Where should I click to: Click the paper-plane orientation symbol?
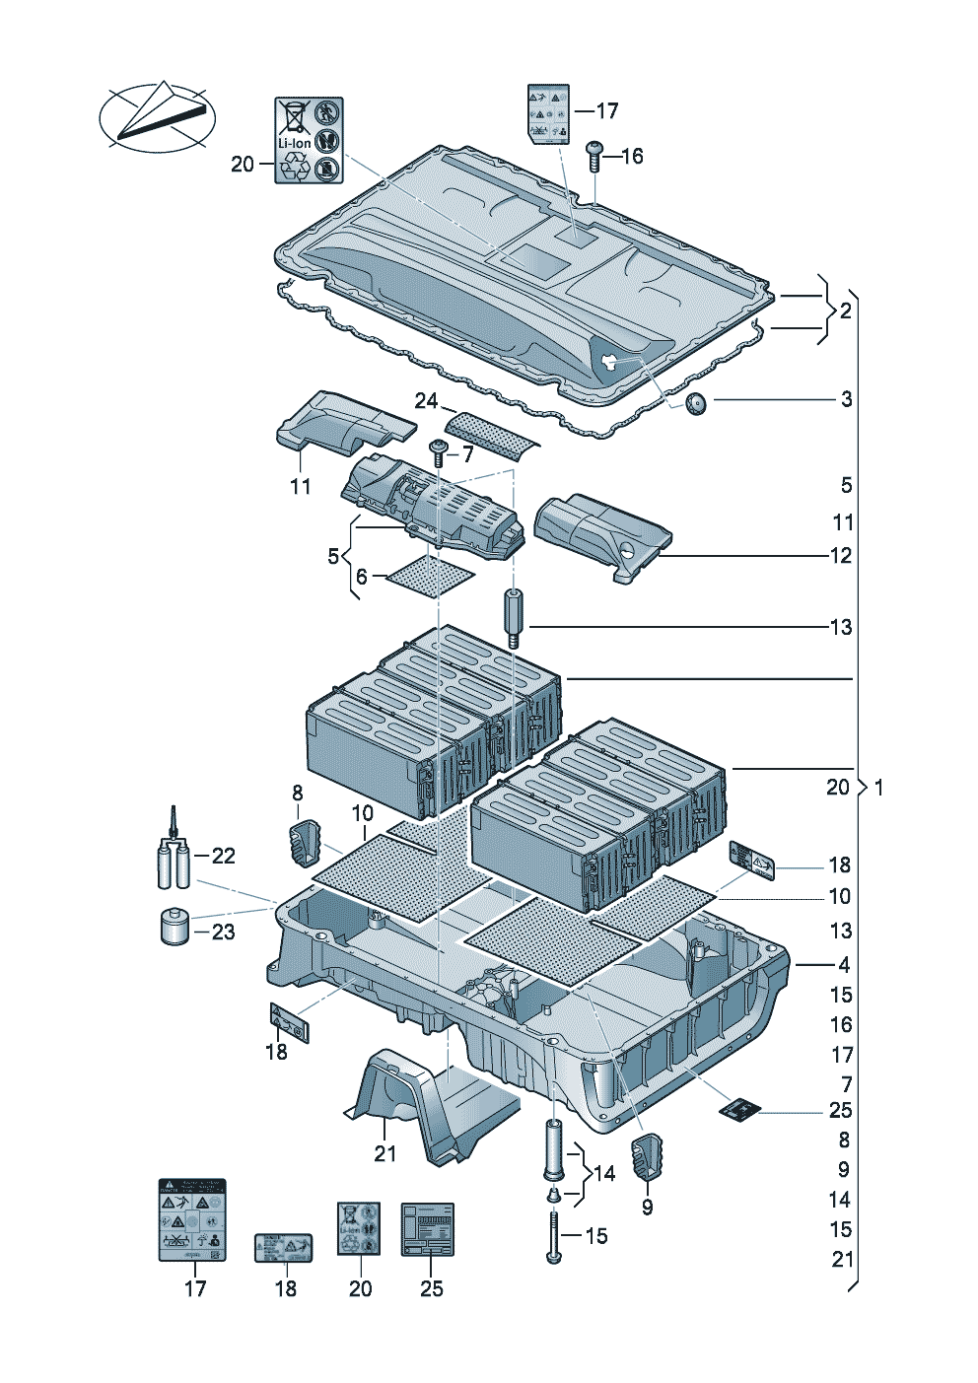click(x=158, y=116)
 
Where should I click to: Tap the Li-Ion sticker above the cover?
click(x=308, y=140)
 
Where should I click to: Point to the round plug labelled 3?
click(x=697, y=402)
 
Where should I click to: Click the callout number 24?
click(x=426, y=400)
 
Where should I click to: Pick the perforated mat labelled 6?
click(x=431, y=575)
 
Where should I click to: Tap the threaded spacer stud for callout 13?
click(x=514, y=618)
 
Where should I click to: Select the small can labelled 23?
click(x=175, y=926)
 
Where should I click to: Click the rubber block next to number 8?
click(x=305, y=843)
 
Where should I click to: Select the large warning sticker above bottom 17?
click(x=193, y=1219)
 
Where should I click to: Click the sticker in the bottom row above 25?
click(x=427, y=1229)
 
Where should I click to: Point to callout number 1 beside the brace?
click(x=878, y=788)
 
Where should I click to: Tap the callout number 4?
click(x=844, y=965)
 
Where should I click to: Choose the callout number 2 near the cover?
click(x=845, y=311)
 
